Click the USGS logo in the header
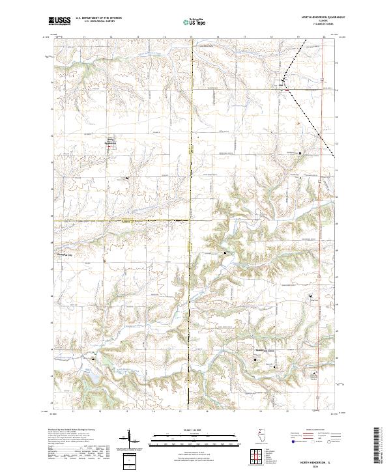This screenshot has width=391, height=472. (61, 21)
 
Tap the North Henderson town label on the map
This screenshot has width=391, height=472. (109, 142)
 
